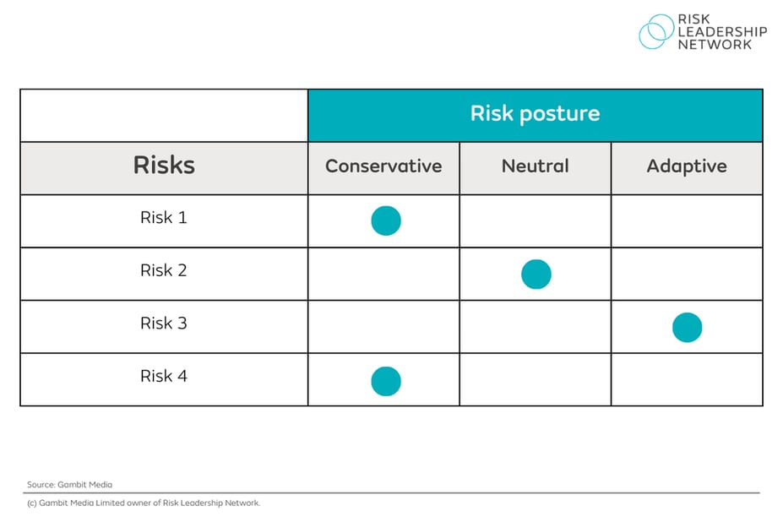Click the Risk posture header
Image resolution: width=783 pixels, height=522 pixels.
(x=535, y=114)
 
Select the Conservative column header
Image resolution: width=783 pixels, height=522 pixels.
(x=383, y=166)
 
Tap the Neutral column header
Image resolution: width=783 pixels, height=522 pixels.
(x=536, y=166)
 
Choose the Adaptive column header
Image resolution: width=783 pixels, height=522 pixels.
(x=687, y=166)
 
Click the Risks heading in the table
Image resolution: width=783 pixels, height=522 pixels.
(x=164, y=165)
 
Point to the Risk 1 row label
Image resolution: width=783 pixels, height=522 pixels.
(x=164, y=218)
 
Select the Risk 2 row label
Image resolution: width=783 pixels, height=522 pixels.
(x=164, y=271)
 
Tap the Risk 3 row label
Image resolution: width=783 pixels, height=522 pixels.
(x=164, y=324)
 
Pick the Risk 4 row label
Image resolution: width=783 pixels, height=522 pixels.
(x=164, y=377)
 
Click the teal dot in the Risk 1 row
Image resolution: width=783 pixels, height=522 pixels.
(x=386, y=220)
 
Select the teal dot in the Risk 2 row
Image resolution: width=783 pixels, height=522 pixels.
(x=536, y=275)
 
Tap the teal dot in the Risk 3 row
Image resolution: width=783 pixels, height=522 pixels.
(x=687, y=327)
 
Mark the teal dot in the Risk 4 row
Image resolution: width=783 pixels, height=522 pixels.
(x=386, y=381)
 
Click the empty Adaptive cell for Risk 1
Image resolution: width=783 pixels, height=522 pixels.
(x=687, y=221)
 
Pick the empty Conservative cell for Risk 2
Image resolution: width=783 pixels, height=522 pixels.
(x=383, y=274)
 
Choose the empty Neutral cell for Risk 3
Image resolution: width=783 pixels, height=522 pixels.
(x=536, y=327)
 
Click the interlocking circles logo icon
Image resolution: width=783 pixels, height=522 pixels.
(x=655, y=32)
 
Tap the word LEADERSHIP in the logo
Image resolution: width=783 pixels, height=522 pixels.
(x=722, y=32)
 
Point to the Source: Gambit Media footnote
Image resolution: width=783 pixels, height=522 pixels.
(x=69, y=485)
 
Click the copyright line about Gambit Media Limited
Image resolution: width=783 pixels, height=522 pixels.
(x=144, y=503)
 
